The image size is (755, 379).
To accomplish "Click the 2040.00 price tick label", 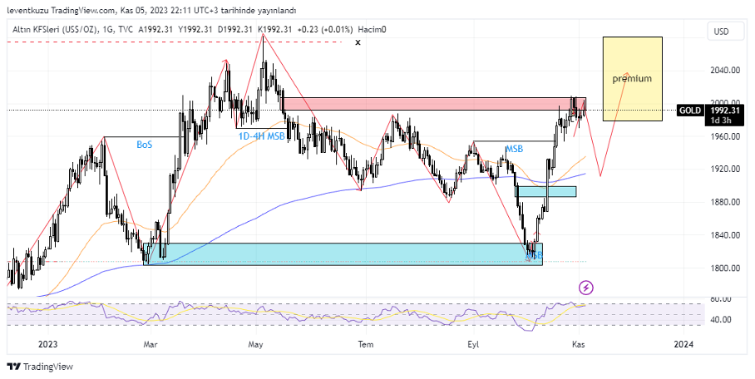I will [x=725, y=70].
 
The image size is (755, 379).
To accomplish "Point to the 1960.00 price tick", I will [x=725, y=136].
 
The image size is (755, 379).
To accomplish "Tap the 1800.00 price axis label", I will [x=725, y=268].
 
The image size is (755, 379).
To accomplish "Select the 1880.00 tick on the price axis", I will [x=725, y=202].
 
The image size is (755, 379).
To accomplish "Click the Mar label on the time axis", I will [x=151, y=343].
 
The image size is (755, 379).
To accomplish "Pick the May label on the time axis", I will [x=256, y=343].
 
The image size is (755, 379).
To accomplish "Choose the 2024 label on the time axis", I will [x=683, y=343].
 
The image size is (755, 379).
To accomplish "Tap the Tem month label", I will [x=364, y=343].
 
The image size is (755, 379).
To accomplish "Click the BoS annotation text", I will [x=145, y=145].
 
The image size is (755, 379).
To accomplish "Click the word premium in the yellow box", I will [x=632, y=78].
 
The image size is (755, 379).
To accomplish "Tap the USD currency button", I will [x=721, y=32].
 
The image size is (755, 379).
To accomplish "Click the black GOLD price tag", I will [x=688, y=110].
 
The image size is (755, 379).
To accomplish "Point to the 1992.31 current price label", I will [x=725, y=110].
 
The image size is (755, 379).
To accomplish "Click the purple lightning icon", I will [x=587, y=288].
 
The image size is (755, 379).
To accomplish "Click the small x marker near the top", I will [x=358, y=42].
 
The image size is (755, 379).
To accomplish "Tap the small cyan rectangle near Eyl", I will [x=545, y=191].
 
